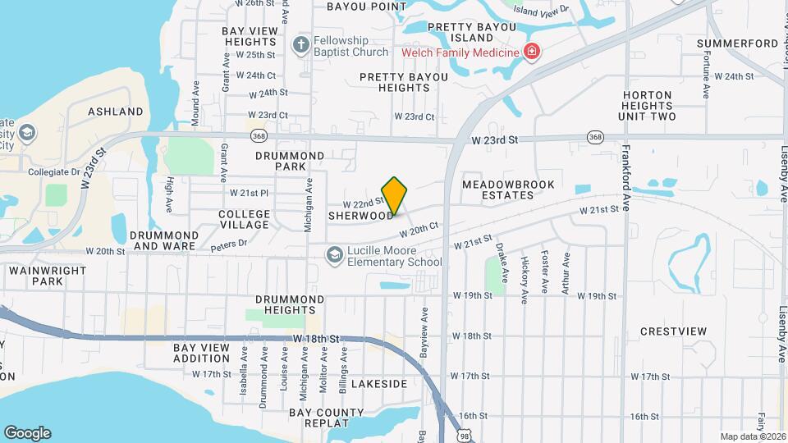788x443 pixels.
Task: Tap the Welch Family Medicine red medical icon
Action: click(532, 53)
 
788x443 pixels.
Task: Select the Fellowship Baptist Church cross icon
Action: click(301, 44)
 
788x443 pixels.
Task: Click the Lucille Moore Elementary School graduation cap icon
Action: click(334, 255)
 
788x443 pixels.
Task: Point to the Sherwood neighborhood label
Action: click(360, 216)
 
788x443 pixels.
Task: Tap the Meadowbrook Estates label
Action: click(508, 190)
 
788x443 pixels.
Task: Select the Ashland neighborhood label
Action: click(116, 112)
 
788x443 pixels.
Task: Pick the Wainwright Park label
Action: click(36, 275)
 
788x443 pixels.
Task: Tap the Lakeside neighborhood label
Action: click(379, 384)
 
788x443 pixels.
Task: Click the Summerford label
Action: click(737, 43)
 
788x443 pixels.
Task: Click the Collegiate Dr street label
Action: click(53, 172)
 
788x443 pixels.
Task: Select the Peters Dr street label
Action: click(229, 244)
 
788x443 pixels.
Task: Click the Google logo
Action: click(27, 432)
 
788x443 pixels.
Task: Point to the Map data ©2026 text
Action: click(752, 436)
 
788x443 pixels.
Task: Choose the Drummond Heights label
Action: click(290, 305)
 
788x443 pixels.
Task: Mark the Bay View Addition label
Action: click(201, 354)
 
